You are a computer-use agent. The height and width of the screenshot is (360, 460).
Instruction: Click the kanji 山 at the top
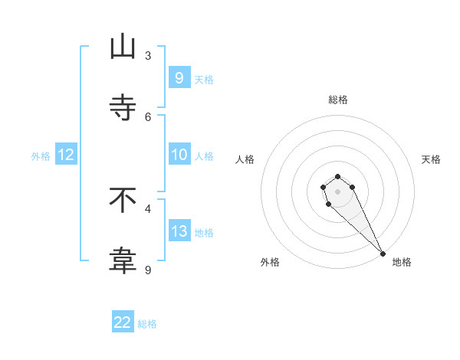(x=123, y=47)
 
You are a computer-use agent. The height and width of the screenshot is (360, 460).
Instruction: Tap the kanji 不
(x=123, y=200)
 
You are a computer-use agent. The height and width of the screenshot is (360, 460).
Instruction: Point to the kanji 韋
(x=123, y=261)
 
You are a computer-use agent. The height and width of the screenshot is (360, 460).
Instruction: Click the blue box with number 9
(x=179, y=77)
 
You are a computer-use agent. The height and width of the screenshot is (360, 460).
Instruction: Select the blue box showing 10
(x=179, y=155)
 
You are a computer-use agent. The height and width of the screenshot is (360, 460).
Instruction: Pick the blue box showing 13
(x=179, y=231)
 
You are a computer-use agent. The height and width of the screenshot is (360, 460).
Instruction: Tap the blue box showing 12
(x=66, y=155)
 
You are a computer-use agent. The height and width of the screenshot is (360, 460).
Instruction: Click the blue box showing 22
(x=123, y=322)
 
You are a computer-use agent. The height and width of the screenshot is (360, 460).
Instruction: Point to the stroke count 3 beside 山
(x=148, y=55)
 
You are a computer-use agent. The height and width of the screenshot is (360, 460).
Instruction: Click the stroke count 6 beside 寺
(x=148, y=116)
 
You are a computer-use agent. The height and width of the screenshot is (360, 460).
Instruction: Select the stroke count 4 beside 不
(x=148, y=208)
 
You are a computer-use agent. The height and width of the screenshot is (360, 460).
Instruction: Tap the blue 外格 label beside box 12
(x=41, y=155)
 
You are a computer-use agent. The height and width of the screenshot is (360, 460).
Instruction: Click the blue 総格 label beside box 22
(x=147, y=324)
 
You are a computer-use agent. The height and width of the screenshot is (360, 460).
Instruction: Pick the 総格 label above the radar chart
(x=338, y=100)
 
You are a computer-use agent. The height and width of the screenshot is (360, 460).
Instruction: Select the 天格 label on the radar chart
(x=431, y=159)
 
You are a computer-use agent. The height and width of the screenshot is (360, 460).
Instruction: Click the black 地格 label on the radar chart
(x=402, y=262)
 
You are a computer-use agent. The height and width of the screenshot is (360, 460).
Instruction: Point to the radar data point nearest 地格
(x=383, y=254)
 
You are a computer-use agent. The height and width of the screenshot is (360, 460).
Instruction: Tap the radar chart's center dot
(x=337, y=191)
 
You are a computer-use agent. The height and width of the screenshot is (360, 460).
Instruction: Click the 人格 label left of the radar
(x=245, y=159)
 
